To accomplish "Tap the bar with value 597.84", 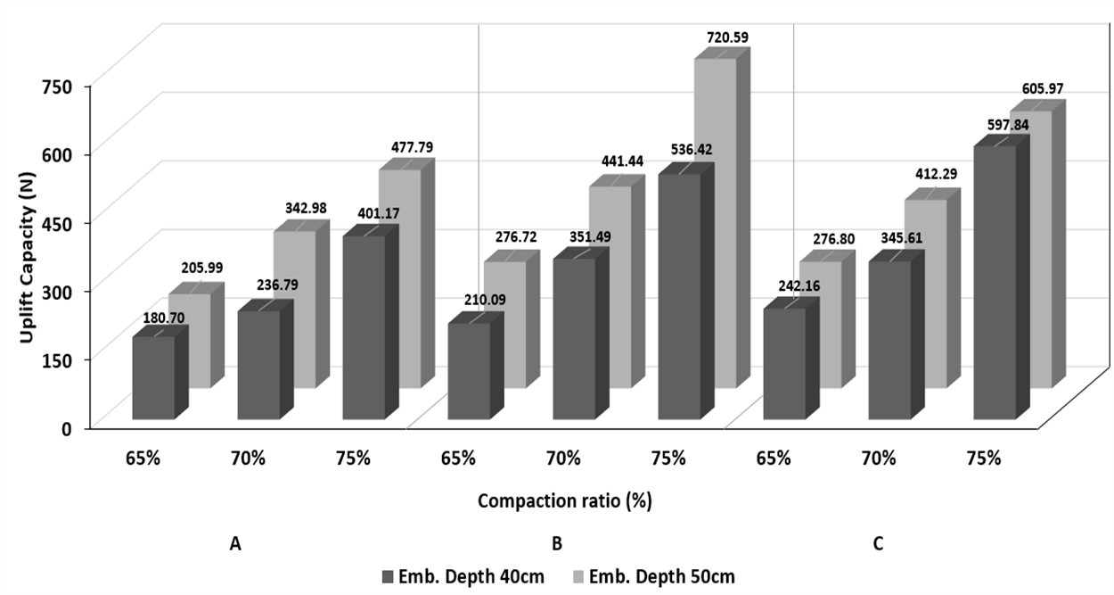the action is [1001, 277].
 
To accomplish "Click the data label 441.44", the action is [622, 161].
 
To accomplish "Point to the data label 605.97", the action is [1043, 88].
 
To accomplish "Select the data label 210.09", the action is [485, 300].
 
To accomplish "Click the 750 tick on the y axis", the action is [73, 87].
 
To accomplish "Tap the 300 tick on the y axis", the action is [73, 293].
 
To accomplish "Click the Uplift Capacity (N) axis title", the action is [28, 258].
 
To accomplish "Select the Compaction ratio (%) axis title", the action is [564, 501].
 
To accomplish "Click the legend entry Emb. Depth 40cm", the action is [463, 576].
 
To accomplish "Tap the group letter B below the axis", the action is [557, 544].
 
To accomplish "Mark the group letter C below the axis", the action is [878, 544].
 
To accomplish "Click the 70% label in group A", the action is [248, 459].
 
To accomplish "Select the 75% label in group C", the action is [983, 459].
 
